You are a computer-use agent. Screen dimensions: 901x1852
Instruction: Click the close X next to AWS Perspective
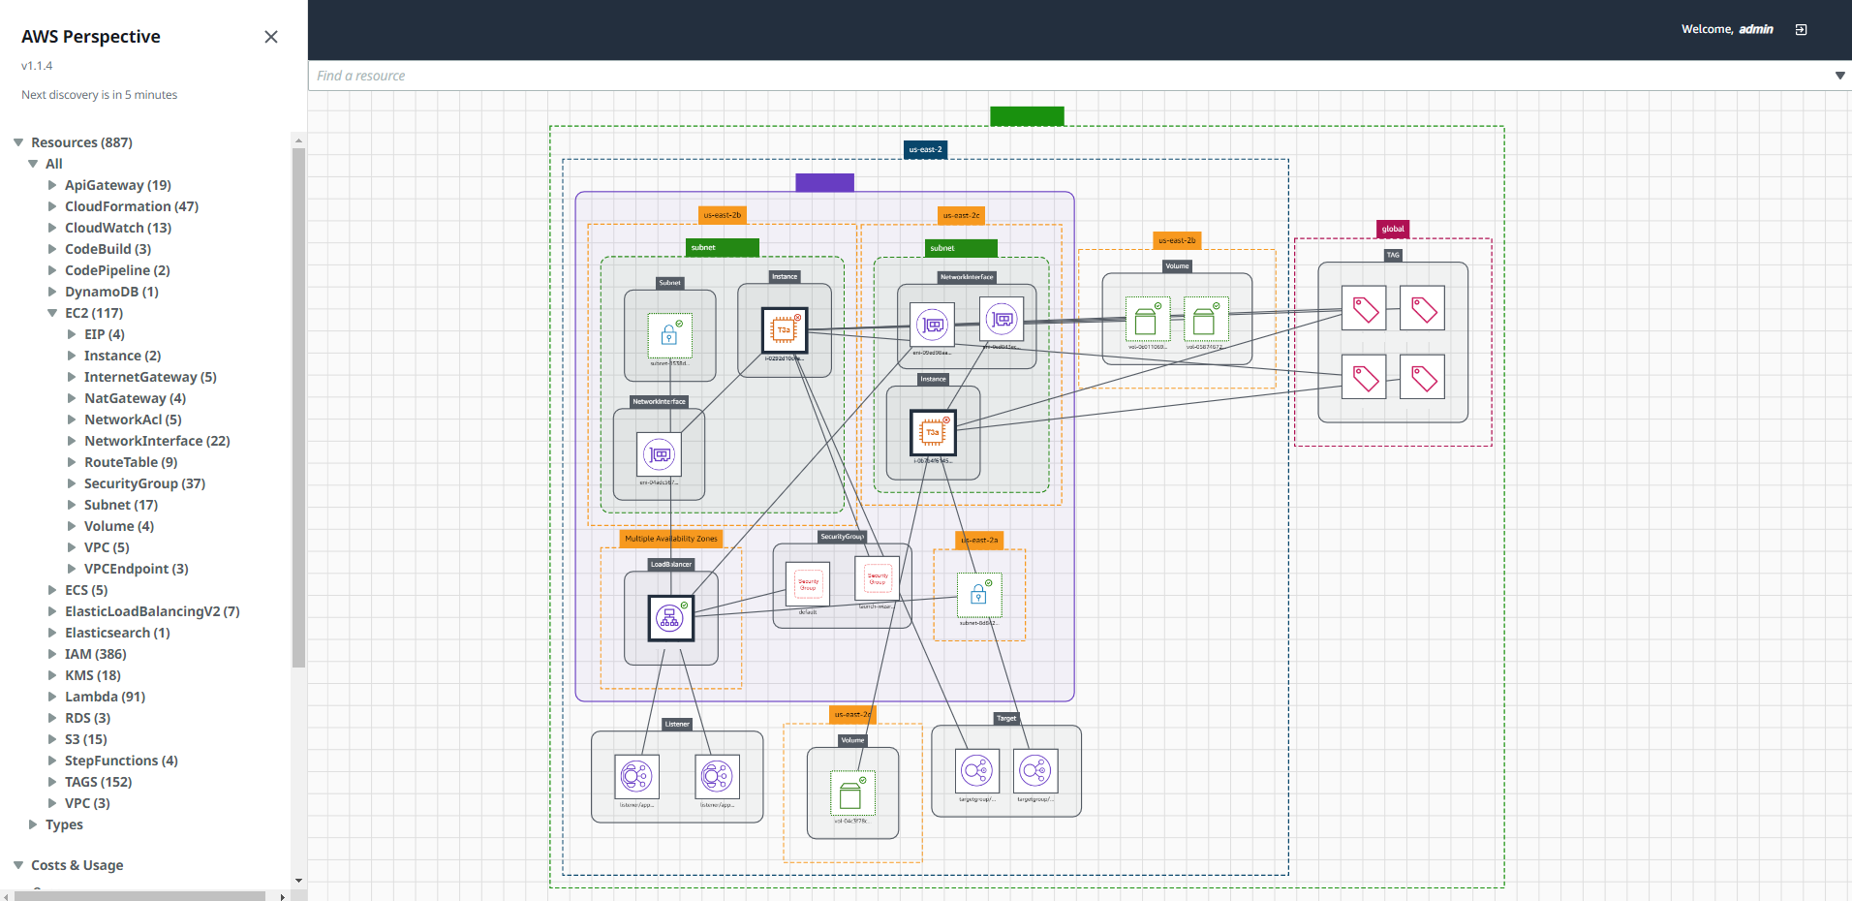(271, 37)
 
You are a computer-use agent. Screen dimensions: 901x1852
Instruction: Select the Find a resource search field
(1065, 76)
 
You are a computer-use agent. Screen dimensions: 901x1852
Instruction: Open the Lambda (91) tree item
(105, 697)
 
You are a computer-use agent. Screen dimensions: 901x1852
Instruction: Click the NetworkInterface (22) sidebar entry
(157, 441)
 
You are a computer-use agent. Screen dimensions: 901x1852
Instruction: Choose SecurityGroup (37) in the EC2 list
(144, 483)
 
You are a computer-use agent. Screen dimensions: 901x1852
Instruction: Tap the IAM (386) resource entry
(95, 654)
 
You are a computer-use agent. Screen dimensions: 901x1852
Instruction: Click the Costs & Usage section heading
(77, 865)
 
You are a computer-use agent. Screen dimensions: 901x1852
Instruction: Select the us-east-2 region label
(925, 150)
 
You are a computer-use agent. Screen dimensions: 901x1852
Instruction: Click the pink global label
(1393, 230)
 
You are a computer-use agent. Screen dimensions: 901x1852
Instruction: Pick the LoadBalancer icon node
(670, 618)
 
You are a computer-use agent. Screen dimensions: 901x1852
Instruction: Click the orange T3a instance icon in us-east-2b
(784, 330)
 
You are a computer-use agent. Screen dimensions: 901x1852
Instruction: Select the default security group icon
(808, 584)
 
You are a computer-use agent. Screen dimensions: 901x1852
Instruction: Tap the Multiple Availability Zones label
(671, 539)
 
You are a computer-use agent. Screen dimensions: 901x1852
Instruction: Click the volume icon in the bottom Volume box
(851, 794)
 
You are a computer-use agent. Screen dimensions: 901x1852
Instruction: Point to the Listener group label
(677, 724)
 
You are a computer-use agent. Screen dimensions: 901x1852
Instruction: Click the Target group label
(1006, 718)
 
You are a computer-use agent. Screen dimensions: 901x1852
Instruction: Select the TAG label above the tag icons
(1393, 256)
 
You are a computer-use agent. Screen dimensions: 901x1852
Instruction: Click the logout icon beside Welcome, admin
(1801, 30)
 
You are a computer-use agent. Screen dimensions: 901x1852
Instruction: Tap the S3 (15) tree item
(85, 739)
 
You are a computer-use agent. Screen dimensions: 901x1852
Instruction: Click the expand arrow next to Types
(33, 824)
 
